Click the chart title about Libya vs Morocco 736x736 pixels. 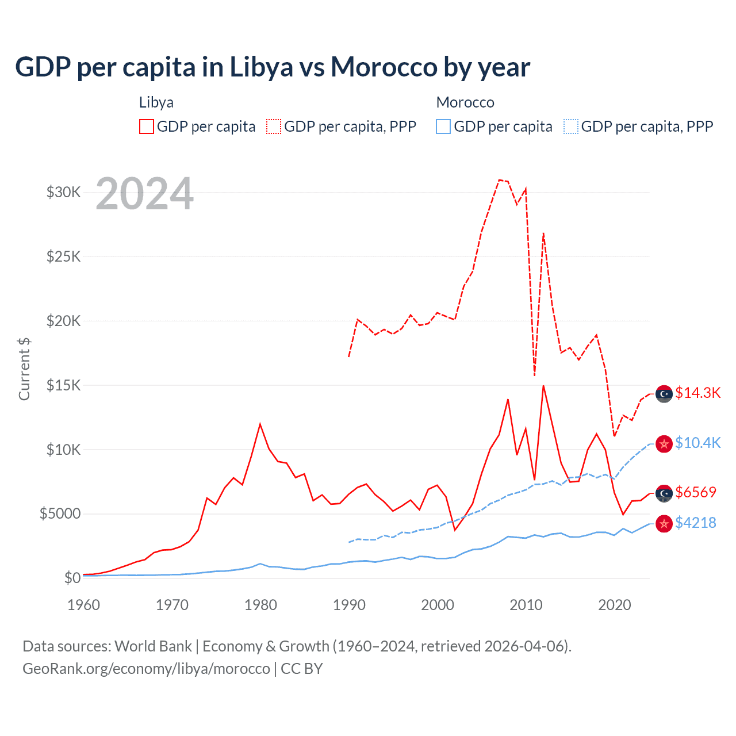click(273, 67)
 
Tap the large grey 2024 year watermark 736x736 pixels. click(145, 194)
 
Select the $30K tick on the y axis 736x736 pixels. click(64, 192)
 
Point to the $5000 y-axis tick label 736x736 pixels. click(60, 513)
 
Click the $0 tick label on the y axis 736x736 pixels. click(72, 578)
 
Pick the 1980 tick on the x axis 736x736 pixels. click(260, 605)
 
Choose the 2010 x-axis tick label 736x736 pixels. click(526, 605)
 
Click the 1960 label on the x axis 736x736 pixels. click(84, 605)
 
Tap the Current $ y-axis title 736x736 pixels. click(24, 369)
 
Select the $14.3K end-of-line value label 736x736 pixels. click(697, 393)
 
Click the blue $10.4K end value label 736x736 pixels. click(697, 443)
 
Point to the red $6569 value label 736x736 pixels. click(696, 492)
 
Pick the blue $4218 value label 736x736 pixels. click(696, 523)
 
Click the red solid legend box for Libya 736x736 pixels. click(147, 126)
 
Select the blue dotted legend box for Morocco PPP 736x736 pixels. click(571, 126)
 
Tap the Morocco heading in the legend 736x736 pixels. click(465, 102)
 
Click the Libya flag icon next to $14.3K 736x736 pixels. click(664, 393)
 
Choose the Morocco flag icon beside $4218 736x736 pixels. click(664, 523)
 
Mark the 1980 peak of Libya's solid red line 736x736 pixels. click(260, 424)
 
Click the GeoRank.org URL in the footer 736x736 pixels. click(146, 669)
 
